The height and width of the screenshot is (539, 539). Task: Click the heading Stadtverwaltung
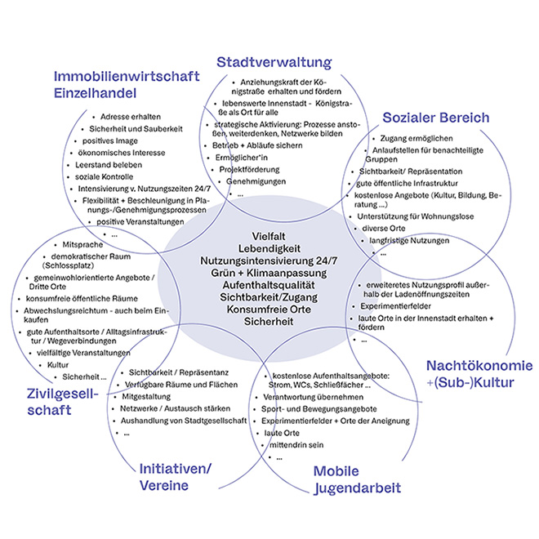274,62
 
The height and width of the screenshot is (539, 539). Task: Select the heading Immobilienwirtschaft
127,77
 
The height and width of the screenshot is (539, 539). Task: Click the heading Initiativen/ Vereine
174,477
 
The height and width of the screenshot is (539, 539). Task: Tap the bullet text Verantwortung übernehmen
310,394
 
